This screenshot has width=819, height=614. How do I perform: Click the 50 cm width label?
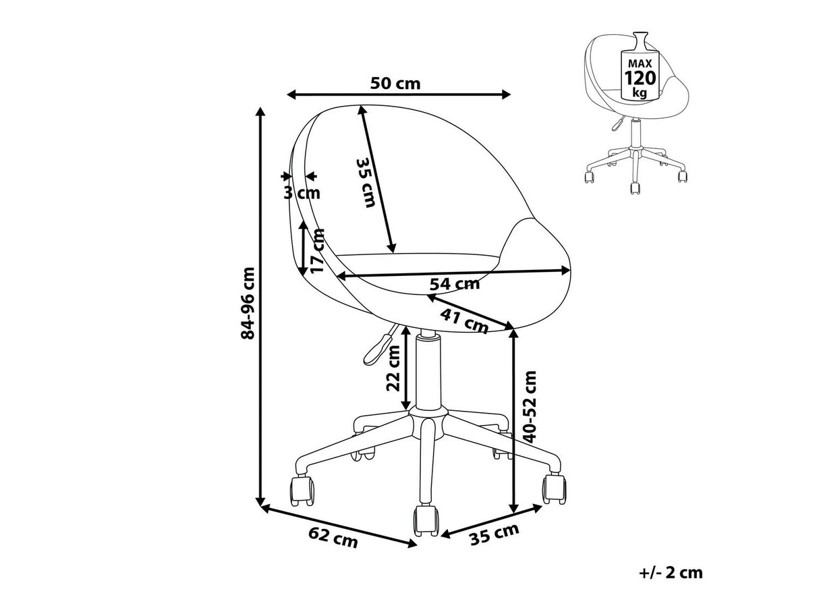[x=395, y=84]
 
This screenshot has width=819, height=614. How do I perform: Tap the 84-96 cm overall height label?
[x=250, y=302]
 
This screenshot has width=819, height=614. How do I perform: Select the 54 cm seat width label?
[x=455, y=284]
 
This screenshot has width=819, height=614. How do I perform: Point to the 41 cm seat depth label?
[x=464, y=320]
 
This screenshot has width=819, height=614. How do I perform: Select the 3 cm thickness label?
[x=302, y=194]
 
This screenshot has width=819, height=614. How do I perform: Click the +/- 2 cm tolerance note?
[x=671, y=573]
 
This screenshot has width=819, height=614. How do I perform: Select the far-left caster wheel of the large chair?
[x=302, y=491]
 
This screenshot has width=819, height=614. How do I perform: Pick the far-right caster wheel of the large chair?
[x=554, y=488]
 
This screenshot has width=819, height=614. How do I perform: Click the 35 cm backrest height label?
[x=366, y=182]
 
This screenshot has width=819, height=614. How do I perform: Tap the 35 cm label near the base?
[x=495, y=533]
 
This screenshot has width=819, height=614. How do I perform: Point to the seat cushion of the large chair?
[x=418, y=259]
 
